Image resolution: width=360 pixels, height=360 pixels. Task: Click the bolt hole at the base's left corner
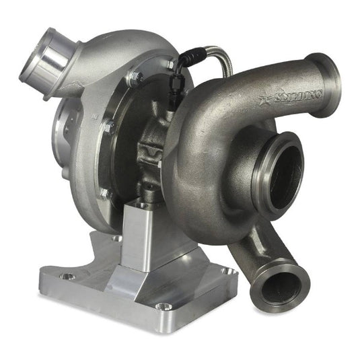(x=67, y=276)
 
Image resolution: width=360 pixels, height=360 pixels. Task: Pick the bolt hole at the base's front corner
(x=160, y=306)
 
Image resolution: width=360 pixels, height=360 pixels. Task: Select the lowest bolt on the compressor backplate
(x=104, y=194)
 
